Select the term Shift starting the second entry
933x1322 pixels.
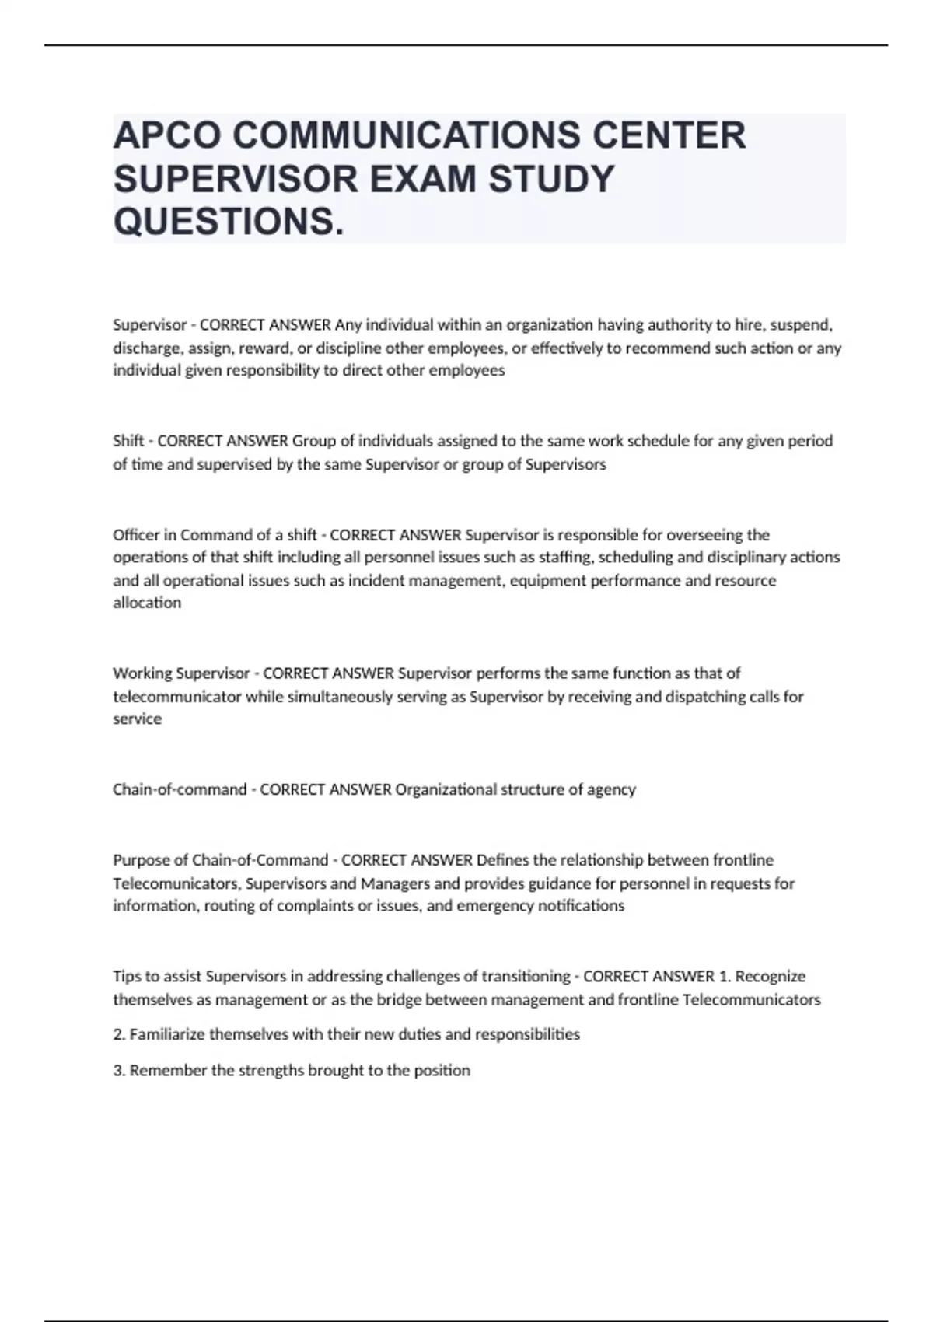tap(128, 441)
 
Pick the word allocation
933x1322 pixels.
tap(147, 603)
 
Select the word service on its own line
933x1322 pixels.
tap(137, 719)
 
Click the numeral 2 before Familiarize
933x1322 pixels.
tap(117, 1034)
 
